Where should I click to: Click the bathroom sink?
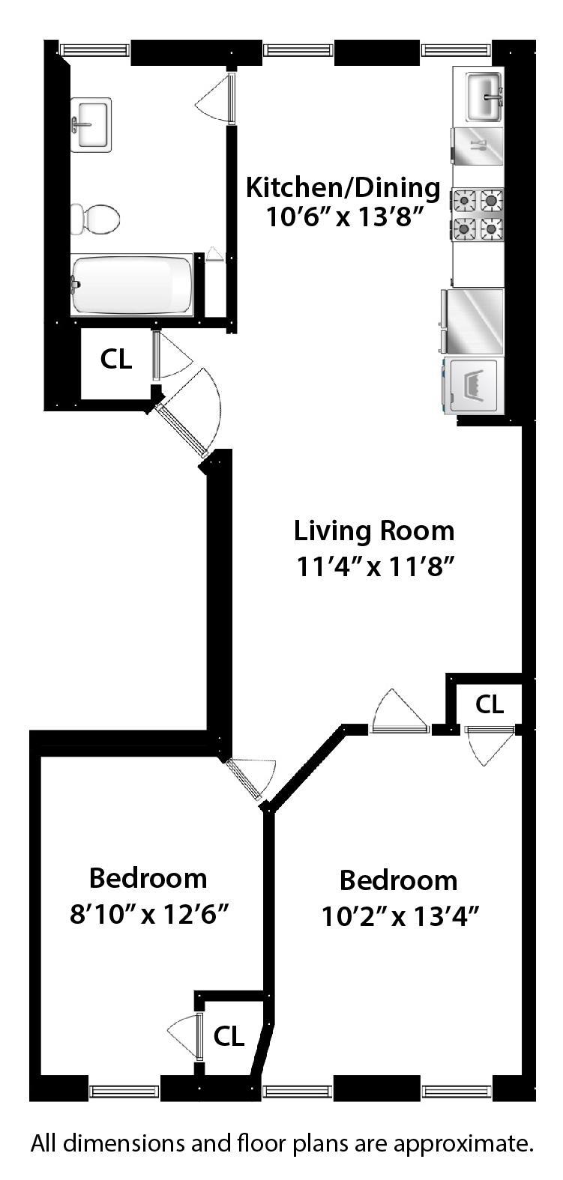[91, 124]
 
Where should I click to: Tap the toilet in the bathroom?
[96, 219]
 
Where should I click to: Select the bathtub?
[132, 285]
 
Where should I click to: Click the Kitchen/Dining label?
[343, 187]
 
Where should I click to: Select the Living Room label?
[373, 531]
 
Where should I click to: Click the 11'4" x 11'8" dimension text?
[376, 567]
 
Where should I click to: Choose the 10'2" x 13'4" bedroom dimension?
[400, 916]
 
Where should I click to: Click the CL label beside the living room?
[490, 704]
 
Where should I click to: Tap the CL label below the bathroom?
[116, 360]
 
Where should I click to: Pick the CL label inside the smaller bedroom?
[229, 1036]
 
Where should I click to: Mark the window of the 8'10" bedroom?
[124, 1091]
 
